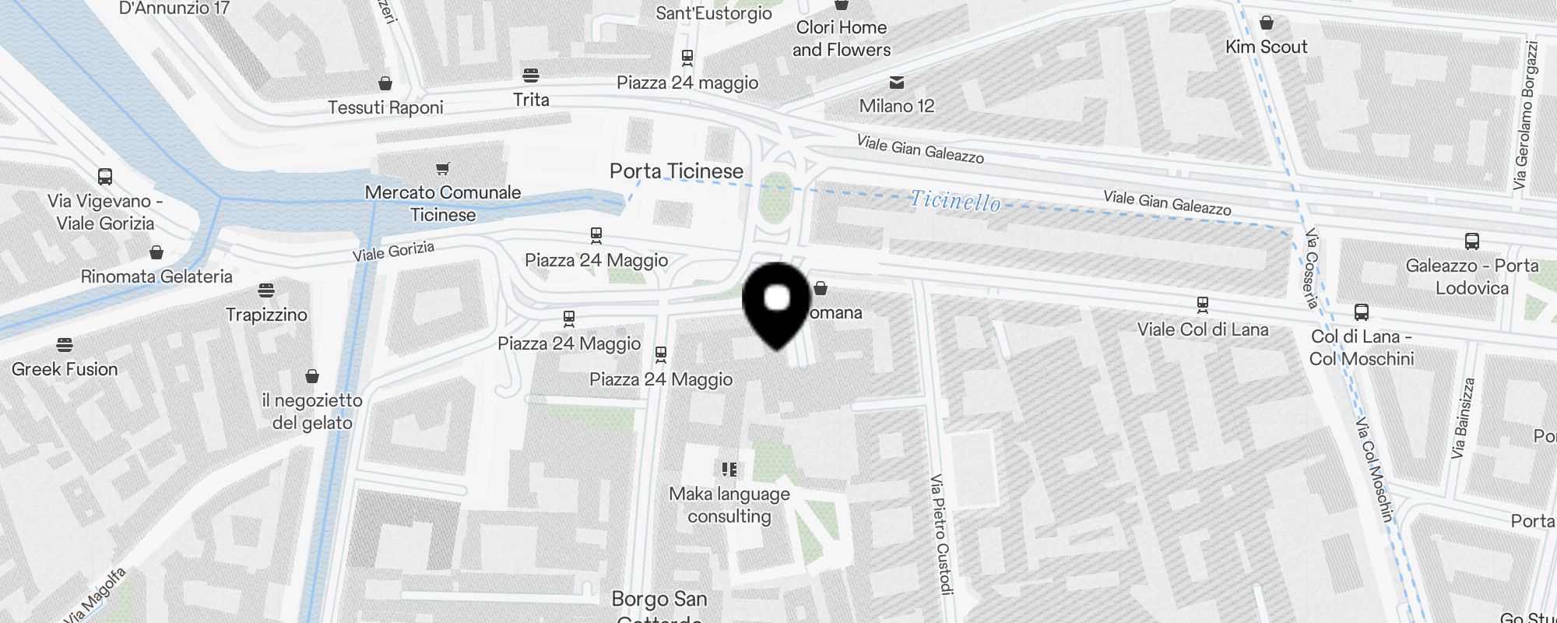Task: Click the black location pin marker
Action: [x=777, y=304]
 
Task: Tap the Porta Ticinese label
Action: [x=676, y=171]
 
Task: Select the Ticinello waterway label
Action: [x=955, y=201]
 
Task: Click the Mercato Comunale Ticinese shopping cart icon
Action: [x=443, y=168]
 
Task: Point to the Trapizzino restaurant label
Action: [x=266, y=315]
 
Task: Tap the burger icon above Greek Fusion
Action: [x=65, y=345]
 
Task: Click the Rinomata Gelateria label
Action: [x=156, y=276]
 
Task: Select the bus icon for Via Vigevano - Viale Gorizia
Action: [x=105, y=177]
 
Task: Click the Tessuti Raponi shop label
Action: [x=385, y=107]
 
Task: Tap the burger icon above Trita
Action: [x=531, y=76]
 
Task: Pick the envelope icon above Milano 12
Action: [x=897, y=83]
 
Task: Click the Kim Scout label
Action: [x=1266, y=47]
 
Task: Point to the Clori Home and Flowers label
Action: [x=842, y=39]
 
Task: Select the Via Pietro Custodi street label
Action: [x=941, y=534]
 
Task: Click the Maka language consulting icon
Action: [x=729, y=469]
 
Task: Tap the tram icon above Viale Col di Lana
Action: [x=1203, y=304]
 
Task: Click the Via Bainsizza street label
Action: [x=1463, y=418]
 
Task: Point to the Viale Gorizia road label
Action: [x=393, y=252]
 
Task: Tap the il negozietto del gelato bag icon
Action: [x=312, y=377]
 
